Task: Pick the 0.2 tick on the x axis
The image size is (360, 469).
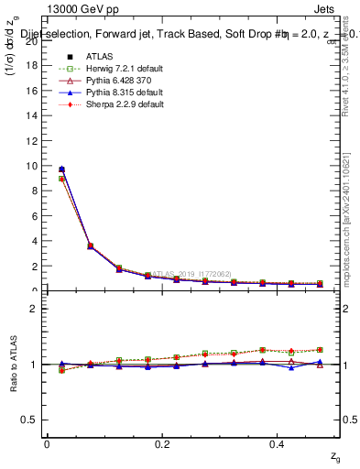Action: (x=163, y=443)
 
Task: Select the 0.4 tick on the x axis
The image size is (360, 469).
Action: (x=279, y=443)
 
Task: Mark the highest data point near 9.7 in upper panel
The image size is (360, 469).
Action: (x=61, y=169)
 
